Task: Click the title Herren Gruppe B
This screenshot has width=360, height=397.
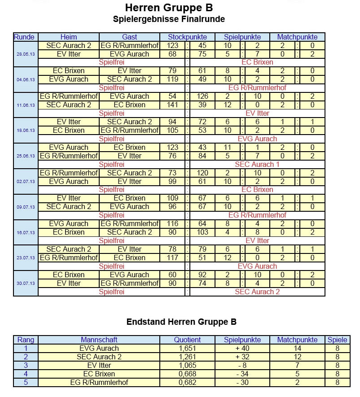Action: pyautogui.click(x=169, y=8)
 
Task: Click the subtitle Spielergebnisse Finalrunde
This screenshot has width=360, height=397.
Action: pyautogui.click(x=169, y=19)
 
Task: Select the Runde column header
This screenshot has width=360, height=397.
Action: pyautogui.click(x=25, y=37)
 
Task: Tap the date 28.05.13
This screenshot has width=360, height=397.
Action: pyautogui.click(x=25, y=54)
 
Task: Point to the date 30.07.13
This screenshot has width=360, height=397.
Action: pyautogui.click(x=25, y=284)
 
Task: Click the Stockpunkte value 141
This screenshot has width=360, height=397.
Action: pyautogui.click(x=172, y=105)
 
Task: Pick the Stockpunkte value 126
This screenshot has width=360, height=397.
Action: pyautogui.click(x=202, y=96)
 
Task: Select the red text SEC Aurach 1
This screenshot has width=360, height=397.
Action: pyautogui.click(x=257, y=164)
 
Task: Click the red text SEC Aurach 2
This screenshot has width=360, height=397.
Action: pyautogui.click(x=257, y=292)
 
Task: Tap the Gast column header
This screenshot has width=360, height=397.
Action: pyautogui.click(x=129, y=37)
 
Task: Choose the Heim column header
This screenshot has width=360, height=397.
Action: pyautogui.click(x=68, y=37)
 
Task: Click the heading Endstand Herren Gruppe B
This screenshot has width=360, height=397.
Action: pyautogui.click(x=181, y=322)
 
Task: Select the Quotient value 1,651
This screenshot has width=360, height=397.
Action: pyautogui.click(x=187, y=348)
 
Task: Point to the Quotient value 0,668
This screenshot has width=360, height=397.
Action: pyautogui.click(x=187, y=374)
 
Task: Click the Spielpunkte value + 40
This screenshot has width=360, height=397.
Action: pyautogui.click(x=242, y=348)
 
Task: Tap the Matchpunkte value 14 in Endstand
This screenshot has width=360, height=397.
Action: pyautogui.click(x=297, y=348)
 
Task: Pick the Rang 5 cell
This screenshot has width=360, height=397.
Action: pyautogui.click(x=26, y=382)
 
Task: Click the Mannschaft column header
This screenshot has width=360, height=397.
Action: pyautogui.click(x=99, y=340)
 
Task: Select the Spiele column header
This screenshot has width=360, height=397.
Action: pyautogui.click(x=338, y=340)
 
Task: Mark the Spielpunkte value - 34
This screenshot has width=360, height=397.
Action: pyautogui.click(x=242, y=374)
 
